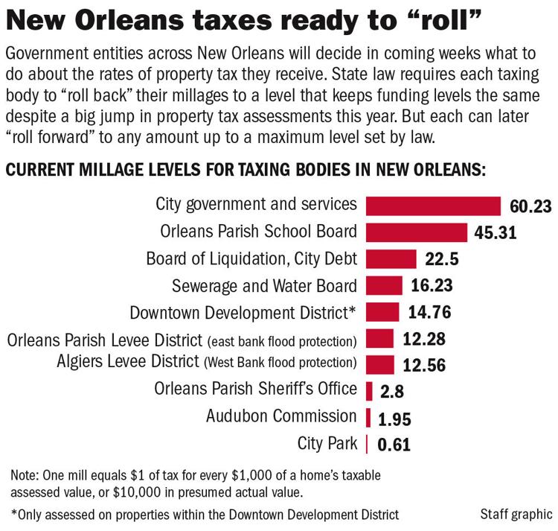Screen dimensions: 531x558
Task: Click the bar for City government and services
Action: (434, 205)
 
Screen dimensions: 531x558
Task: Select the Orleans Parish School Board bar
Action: (417, 232)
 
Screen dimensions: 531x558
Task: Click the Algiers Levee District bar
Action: (380, 364)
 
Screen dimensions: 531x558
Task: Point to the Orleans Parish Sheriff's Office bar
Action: (370, 390)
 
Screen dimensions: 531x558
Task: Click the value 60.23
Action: (531, 206)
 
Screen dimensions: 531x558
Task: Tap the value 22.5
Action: (443, 259)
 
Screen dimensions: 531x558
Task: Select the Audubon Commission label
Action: (281, 416)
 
